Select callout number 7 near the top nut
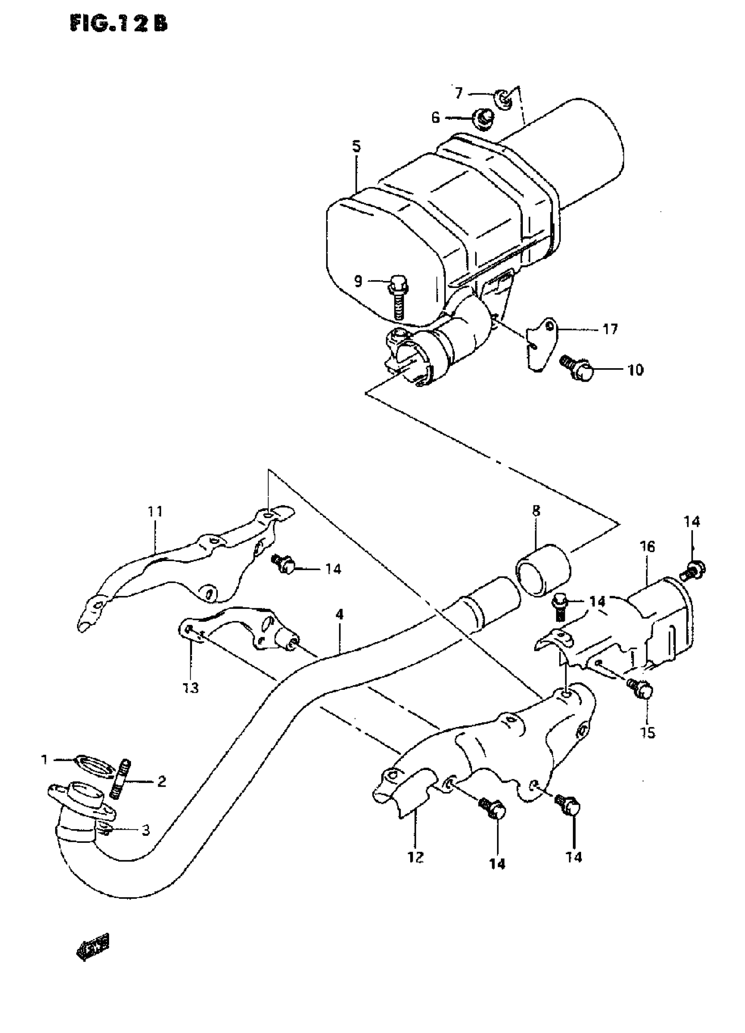click(x=458, y=93)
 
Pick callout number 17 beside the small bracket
click(x=610, y=328)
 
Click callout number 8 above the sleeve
click(x=536, y=511)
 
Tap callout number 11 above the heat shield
click(x=155, y=511)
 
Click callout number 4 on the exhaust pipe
click(x=339, y=614)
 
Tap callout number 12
click(x=416, y=857)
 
